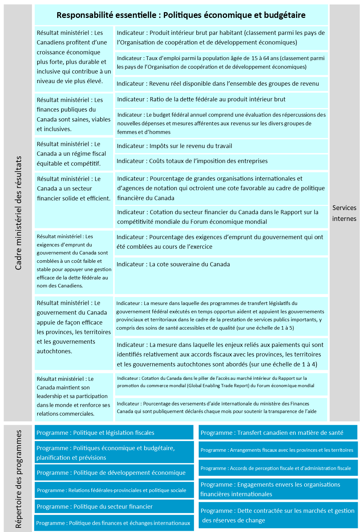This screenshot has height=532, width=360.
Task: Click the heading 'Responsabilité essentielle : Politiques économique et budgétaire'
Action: (x=181, y=15)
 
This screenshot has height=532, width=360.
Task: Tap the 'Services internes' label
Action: (x=344, y=213)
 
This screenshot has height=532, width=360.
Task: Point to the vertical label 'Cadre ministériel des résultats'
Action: (x=19, y=213)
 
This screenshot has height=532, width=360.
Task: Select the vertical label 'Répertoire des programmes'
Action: (x=19, y=479)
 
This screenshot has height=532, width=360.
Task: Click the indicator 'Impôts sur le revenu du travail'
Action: (x=174, y=146)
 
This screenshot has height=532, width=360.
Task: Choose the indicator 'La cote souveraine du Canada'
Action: (x=173, y=264)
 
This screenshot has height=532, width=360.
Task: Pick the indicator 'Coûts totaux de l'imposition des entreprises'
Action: (x=192, y=161)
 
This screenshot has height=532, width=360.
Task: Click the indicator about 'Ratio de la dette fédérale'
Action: (x=201, y=99)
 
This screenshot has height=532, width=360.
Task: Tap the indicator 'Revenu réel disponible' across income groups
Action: (x=218, y=84)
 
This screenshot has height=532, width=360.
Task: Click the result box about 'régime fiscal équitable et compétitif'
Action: (x=74, y=154)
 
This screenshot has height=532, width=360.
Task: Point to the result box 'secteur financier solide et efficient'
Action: (x=74, y=189)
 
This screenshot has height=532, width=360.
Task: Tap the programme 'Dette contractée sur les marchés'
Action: (x=278, y=515)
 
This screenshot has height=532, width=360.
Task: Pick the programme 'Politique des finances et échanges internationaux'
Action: (x=114, y=523)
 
